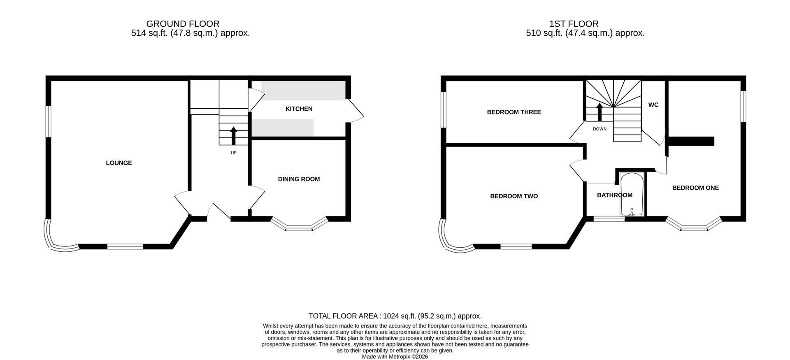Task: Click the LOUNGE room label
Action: [119, 163]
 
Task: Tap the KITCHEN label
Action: [299, 109]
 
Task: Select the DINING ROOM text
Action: [299, 179]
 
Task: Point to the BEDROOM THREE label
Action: [514, 112]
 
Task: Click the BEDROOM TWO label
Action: [514, 196]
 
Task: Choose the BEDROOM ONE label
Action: [695, 188]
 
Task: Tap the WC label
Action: [653, 105]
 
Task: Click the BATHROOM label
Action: [614, 195]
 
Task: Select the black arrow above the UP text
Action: [234, 136]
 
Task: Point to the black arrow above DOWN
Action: [599, 111]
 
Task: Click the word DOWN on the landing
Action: [599, 129]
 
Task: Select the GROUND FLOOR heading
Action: [183, 24]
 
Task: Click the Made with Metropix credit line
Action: [395, 357]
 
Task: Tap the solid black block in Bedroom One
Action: [691, 141]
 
